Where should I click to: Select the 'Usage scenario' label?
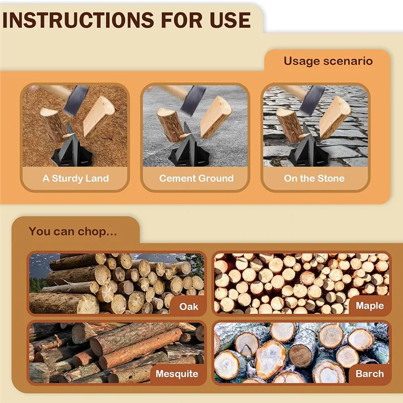[x=328, y=61]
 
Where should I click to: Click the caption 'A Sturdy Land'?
[x=76, y=178]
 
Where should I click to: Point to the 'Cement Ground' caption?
[x=196, y=178]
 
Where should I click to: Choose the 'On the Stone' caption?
[x=314, y=178]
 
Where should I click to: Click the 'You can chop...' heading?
[x=73, y=232]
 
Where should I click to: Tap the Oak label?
[x=188, y=306]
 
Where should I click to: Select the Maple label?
[x=370, y=306]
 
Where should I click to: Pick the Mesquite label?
[x=177, y=374]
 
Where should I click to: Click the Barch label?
[x=370, y=374]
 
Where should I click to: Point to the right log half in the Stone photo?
[x=334, y=117]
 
